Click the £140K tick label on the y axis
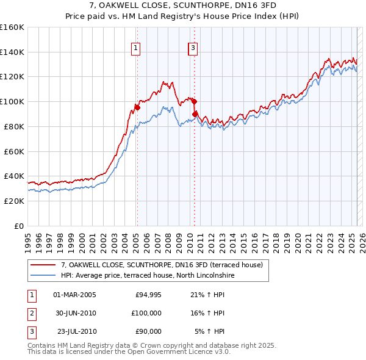tap(12, 52)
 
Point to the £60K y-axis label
tap(13, 151)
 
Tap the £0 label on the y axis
tap(19, 226)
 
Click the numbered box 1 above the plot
tap(136, 48)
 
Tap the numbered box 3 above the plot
tap(193, 48)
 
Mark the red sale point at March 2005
tap(137, 108)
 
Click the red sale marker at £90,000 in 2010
tap(195, 114)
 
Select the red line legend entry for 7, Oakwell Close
tap(162, 265)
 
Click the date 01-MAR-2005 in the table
tap(75, 295)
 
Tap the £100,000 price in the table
tap(146, 313)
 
